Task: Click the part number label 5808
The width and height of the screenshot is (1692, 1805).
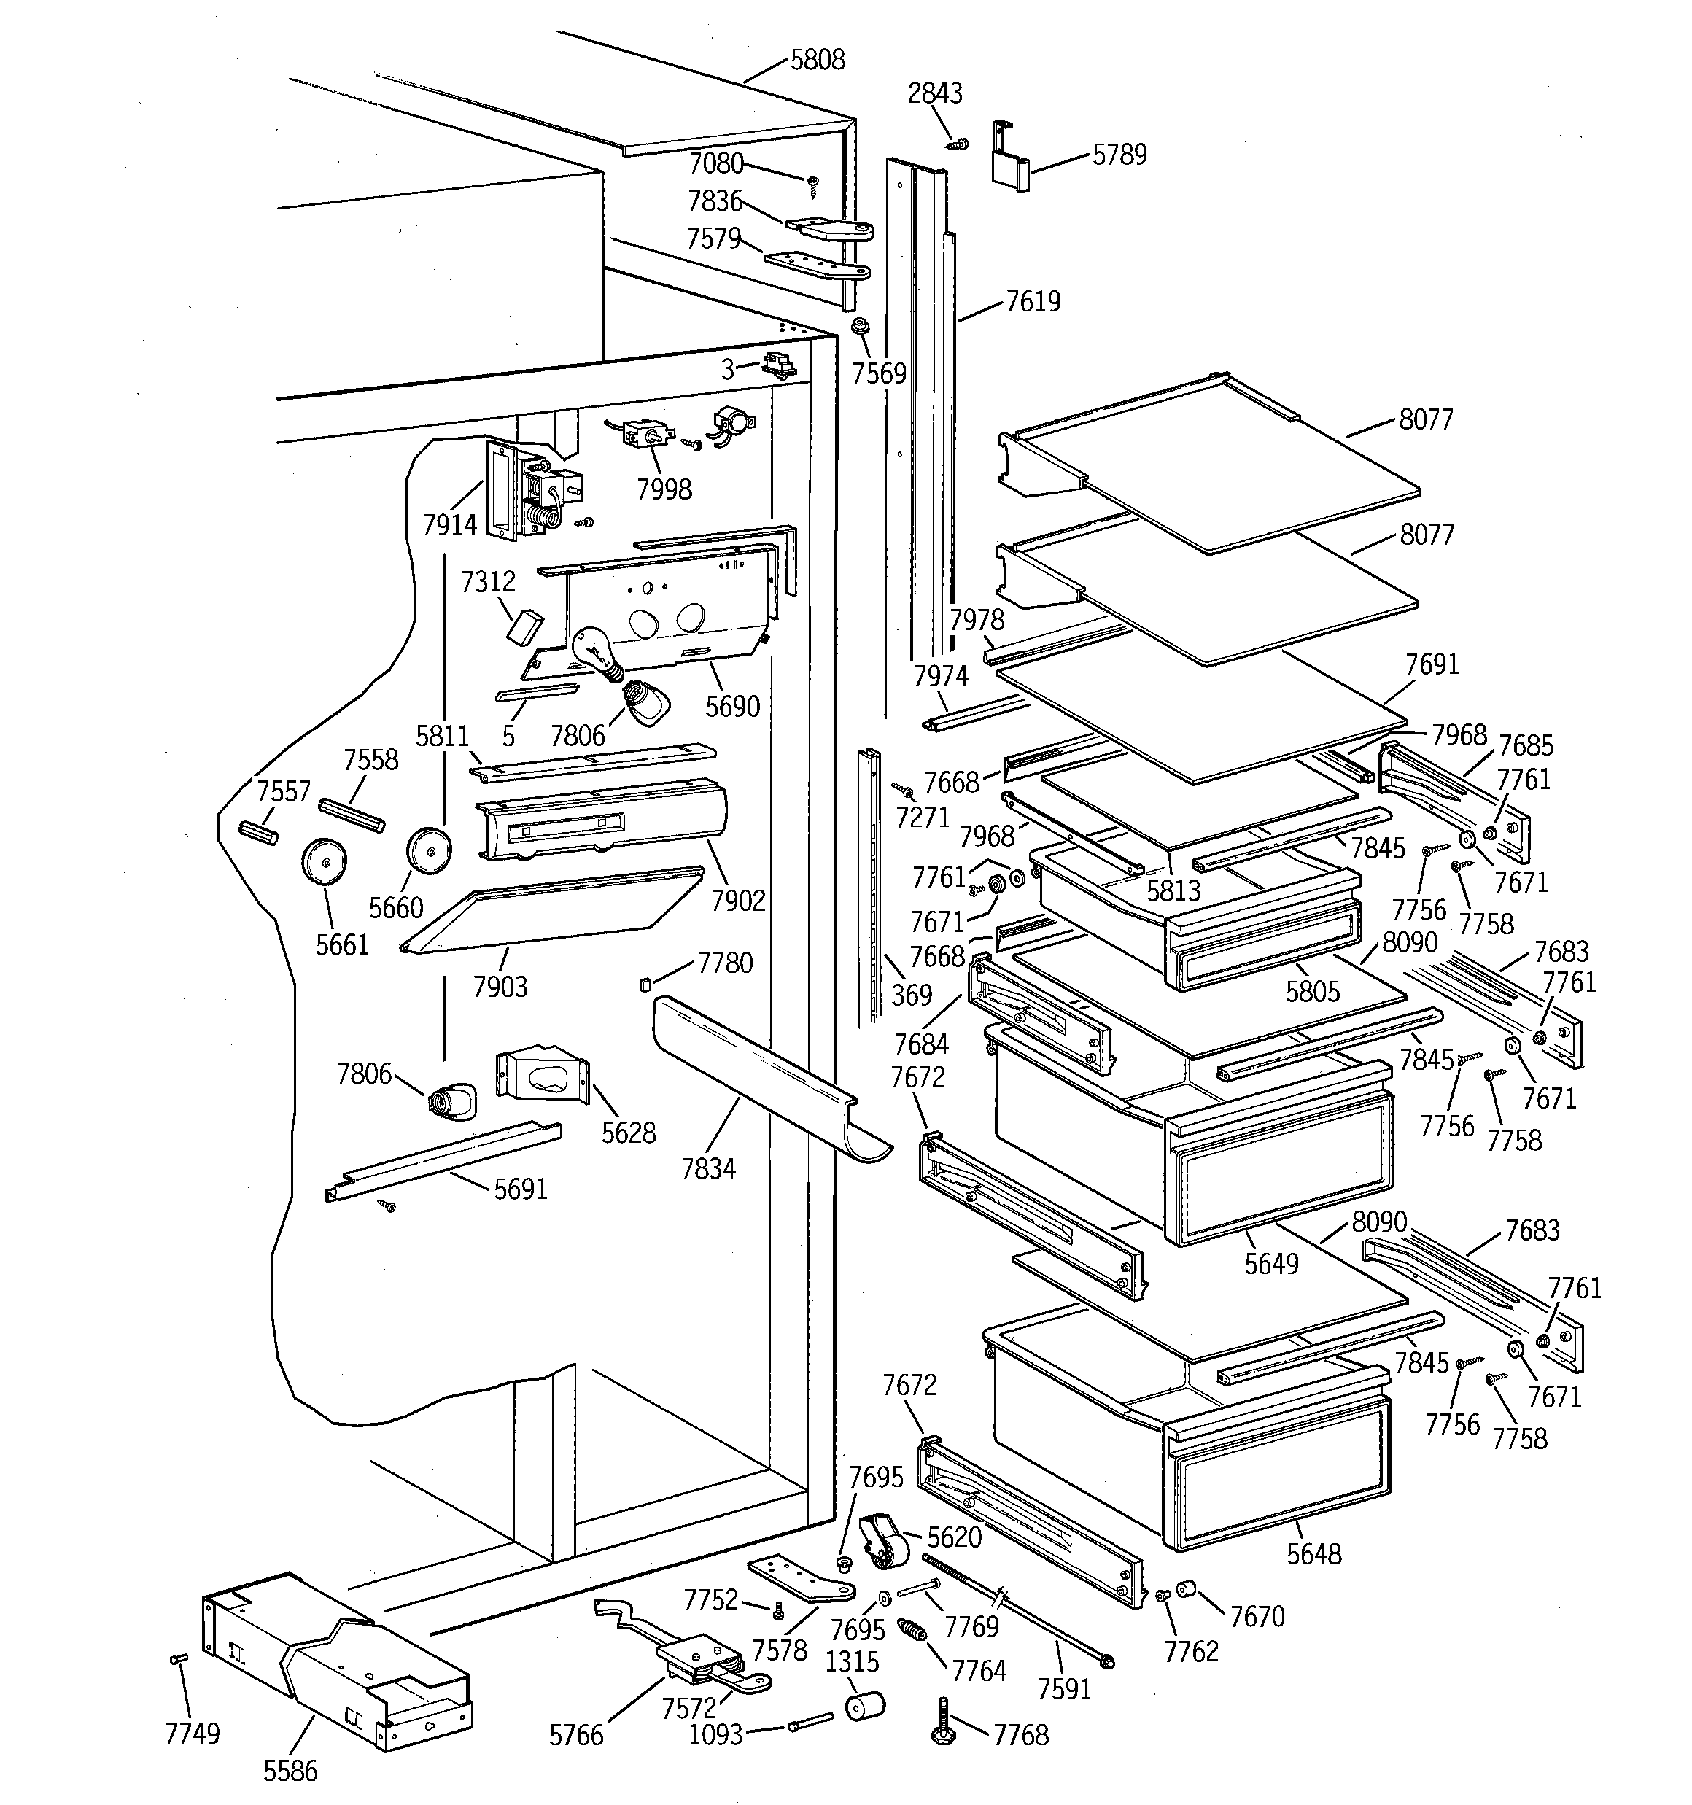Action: (x=818, y=60)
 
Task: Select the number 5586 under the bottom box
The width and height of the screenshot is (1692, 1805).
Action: (x=290, y=1771)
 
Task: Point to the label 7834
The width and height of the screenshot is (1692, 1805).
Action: (x=708, y=1168)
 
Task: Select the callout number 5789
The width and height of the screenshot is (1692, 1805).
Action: (x=1119, y=155)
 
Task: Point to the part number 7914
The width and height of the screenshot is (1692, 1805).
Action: (x=449, y=525)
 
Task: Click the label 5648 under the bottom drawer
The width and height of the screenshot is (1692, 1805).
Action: (x=1313, y=1554)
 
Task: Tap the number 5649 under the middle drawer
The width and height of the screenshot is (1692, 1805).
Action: (x=1271, y=1264)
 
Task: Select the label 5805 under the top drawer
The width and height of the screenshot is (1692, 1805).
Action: (x=1312, y=992)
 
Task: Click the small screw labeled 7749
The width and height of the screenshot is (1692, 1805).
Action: (x=178, y=1659)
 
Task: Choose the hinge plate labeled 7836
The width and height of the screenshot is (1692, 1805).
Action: (x=828, y=228)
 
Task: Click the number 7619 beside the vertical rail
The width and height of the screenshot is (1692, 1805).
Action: (x=1033, y=301)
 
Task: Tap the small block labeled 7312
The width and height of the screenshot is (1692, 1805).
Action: (x=524, y=626)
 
